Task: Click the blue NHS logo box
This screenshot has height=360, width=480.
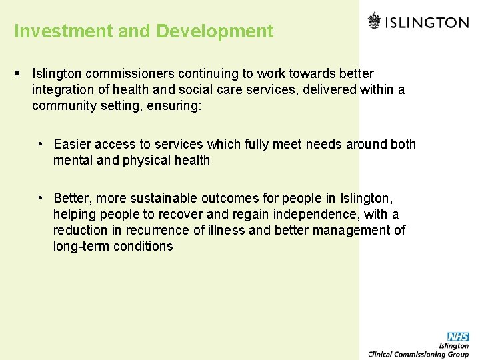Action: [x=458, y=337]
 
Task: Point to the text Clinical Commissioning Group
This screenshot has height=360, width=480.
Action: [x=419, y=354]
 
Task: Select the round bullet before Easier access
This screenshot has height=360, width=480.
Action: [x=41, y=144]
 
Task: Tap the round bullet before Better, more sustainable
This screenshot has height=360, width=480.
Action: [x=41, y=198]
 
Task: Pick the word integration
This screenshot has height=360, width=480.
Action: [x=63, y=89]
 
